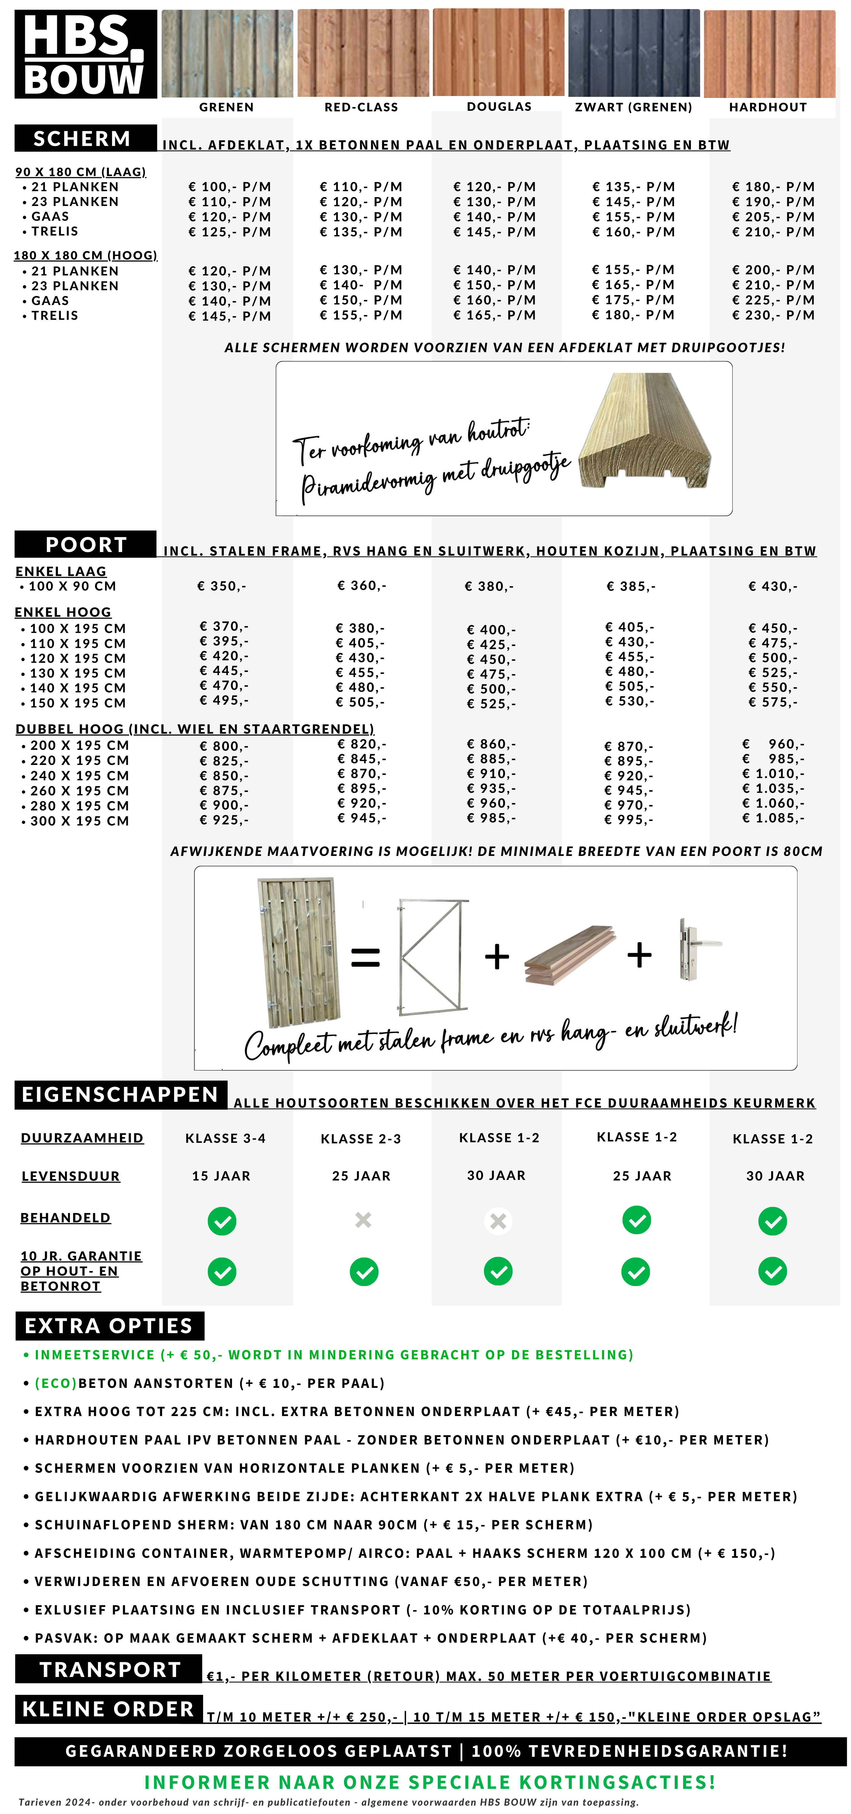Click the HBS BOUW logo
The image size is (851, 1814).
click(x=85, y=54)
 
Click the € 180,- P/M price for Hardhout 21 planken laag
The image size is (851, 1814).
click(x=773, y=187)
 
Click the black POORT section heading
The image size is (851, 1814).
click(x=85, y=544)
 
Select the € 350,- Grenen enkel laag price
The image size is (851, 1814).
click(x=222, y=586)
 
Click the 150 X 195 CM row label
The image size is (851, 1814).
click(x=78, y=703)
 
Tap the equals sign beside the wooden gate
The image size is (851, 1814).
click(x=365, y=957)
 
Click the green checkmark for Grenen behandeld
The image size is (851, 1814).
click(x=222, y=1221)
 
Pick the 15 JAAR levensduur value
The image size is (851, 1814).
click(x=221, y=1176)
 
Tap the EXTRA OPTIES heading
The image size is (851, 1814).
click(x=109, y=1326)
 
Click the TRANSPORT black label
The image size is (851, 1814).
click(x=109, y=1670)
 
